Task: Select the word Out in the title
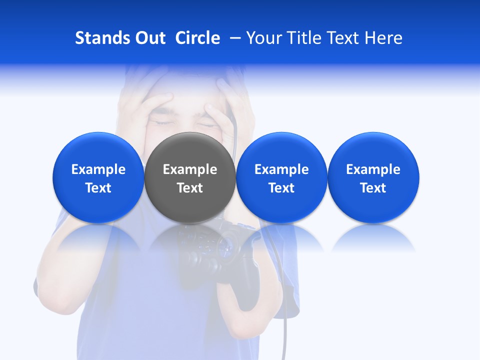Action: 149,38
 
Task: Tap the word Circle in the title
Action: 197,38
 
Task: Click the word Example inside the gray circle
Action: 190,169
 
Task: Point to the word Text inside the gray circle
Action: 190,188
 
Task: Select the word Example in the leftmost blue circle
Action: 98,169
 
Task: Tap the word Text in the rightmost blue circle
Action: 373,188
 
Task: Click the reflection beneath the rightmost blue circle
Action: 373,237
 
